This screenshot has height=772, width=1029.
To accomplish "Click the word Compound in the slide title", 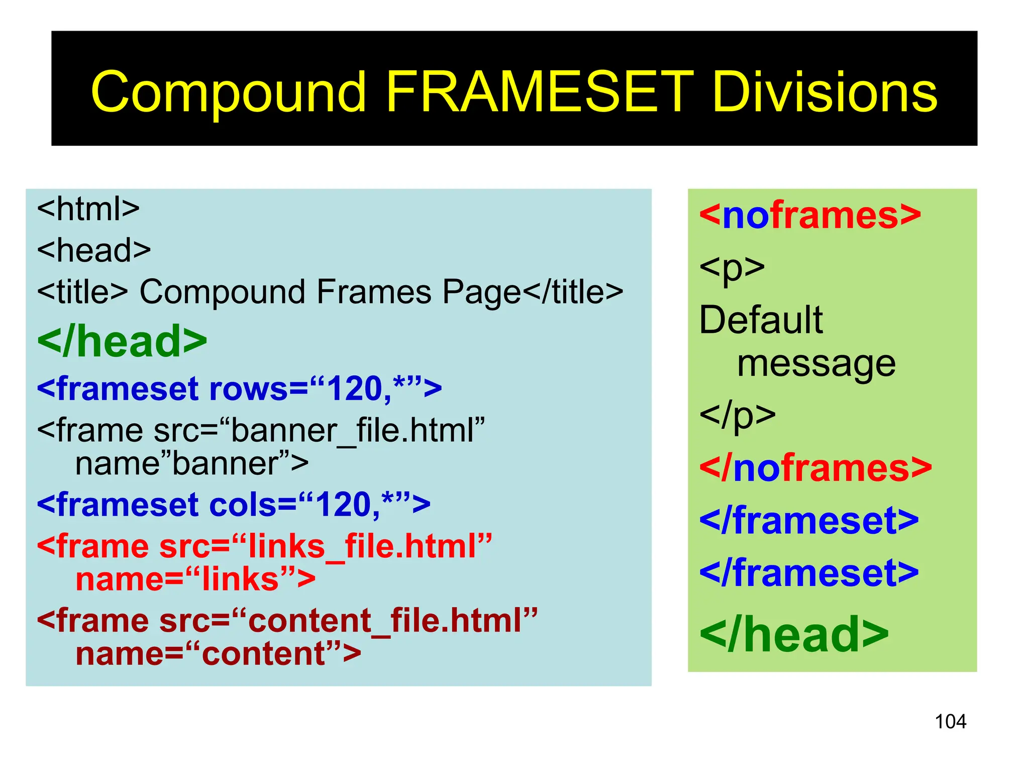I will (x=229, y=92).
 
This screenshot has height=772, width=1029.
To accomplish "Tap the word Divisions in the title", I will (x=825, y=92).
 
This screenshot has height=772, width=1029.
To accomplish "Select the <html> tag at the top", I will (x=88, y=209).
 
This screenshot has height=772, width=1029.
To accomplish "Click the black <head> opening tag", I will (x=94, y=250).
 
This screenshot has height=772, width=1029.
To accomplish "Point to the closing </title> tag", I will (x=573, y=292).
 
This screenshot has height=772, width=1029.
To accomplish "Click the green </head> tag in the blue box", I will (x=122, y=342).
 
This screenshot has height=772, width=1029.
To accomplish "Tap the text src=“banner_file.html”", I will (x=320, y=430).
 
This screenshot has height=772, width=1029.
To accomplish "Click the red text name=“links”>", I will (x=195, y=579).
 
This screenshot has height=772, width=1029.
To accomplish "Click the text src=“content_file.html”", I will (x=348, y=620).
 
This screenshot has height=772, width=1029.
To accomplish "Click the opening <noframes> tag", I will (x=810, y=215).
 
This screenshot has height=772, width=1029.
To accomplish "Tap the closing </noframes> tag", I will (x=815, y=468).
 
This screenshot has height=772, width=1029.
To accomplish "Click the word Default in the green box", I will (x=761, y=320).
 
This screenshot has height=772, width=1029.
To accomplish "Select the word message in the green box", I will (x=816, y=363).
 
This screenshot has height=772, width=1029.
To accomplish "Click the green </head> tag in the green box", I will (x=794, y=635).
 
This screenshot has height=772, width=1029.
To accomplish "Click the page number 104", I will (x=950, y=722).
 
